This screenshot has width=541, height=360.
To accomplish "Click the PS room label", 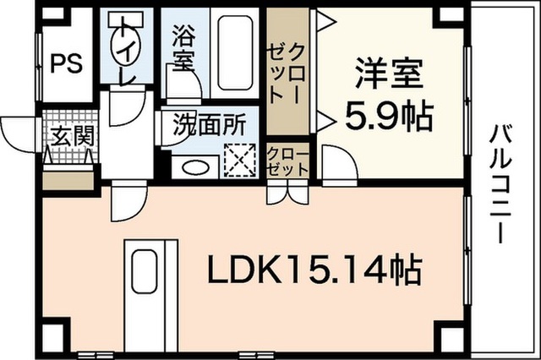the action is click(x=67, y=63).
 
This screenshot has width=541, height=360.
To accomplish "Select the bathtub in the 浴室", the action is click(x=235, y=52).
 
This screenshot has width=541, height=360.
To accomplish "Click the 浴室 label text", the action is click(x=184, y=47).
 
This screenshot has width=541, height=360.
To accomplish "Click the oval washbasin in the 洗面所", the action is click(x=195, y=168).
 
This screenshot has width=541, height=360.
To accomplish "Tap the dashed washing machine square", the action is click(x=240, y=161).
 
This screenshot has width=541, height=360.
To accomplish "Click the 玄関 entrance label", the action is click(x=73, y=135).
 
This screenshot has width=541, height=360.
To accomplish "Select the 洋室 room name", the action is click(x=390, y=74).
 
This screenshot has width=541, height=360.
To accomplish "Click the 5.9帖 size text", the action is click(x=389, y=116).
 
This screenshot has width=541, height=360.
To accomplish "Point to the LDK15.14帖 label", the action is click(x=314, y=270).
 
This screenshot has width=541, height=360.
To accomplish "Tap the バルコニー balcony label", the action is click(x=500, y=183).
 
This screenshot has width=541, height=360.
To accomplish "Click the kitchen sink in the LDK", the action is click(x=145, y=271).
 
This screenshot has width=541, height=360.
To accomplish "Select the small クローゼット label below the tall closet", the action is click(x=287, y=161).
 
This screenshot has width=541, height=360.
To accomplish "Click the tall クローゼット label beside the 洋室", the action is click(x=287, y=74).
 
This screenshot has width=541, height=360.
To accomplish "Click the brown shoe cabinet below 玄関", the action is click(x=68, y=180).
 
